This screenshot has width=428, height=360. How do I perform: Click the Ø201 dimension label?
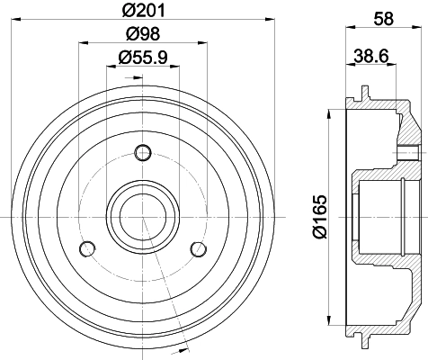[143, 11]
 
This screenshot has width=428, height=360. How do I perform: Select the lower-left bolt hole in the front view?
[86, 247]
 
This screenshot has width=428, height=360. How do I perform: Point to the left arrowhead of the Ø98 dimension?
[83, 43]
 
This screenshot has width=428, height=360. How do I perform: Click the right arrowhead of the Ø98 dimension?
[203, 43]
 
